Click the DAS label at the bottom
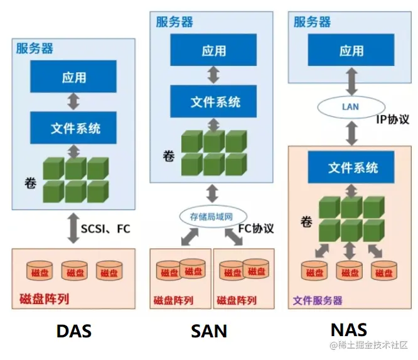(x=74, y=331)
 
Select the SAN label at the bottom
(x=208, y=331)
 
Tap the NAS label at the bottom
(x=348, y=329)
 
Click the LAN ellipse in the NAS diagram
(x=350, y=106)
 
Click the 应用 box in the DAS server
(x=74, y=77)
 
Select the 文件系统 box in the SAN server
(x=215, y=101)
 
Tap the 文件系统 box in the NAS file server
(x=353, y=167)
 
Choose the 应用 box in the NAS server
(x=351, y=51)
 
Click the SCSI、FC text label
(x=105, y=229)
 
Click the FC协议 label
(x=256, y=228)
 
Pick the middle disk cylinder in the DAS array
(x=75, y=271)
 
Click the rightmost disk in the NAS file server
(x=384, y=271)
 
